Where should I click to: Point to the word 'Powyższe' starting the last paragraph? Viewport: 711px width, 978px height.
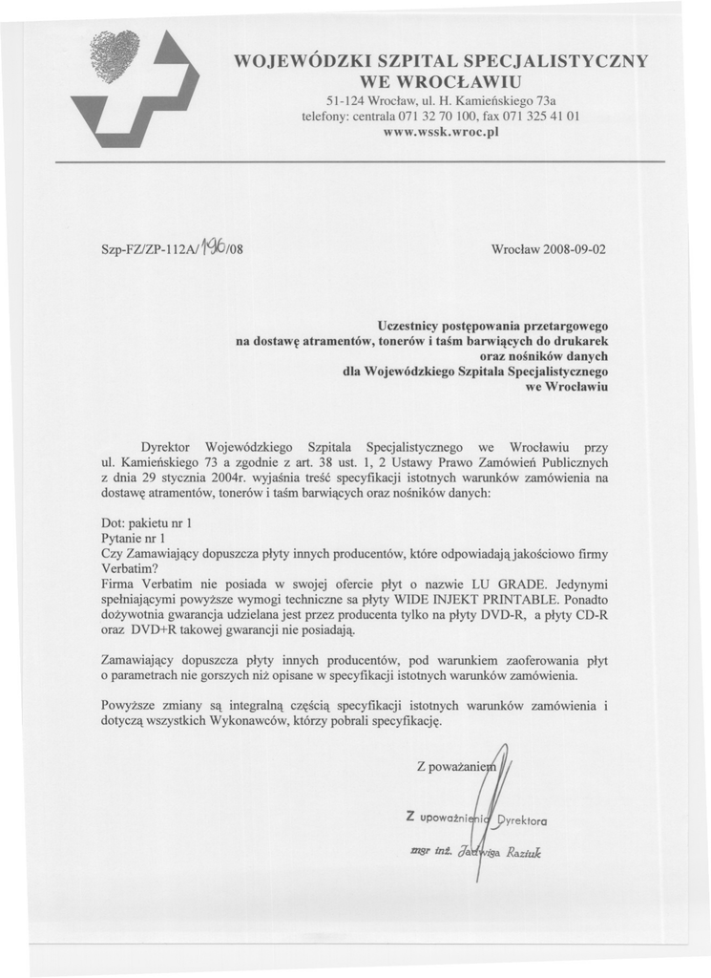129,707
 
